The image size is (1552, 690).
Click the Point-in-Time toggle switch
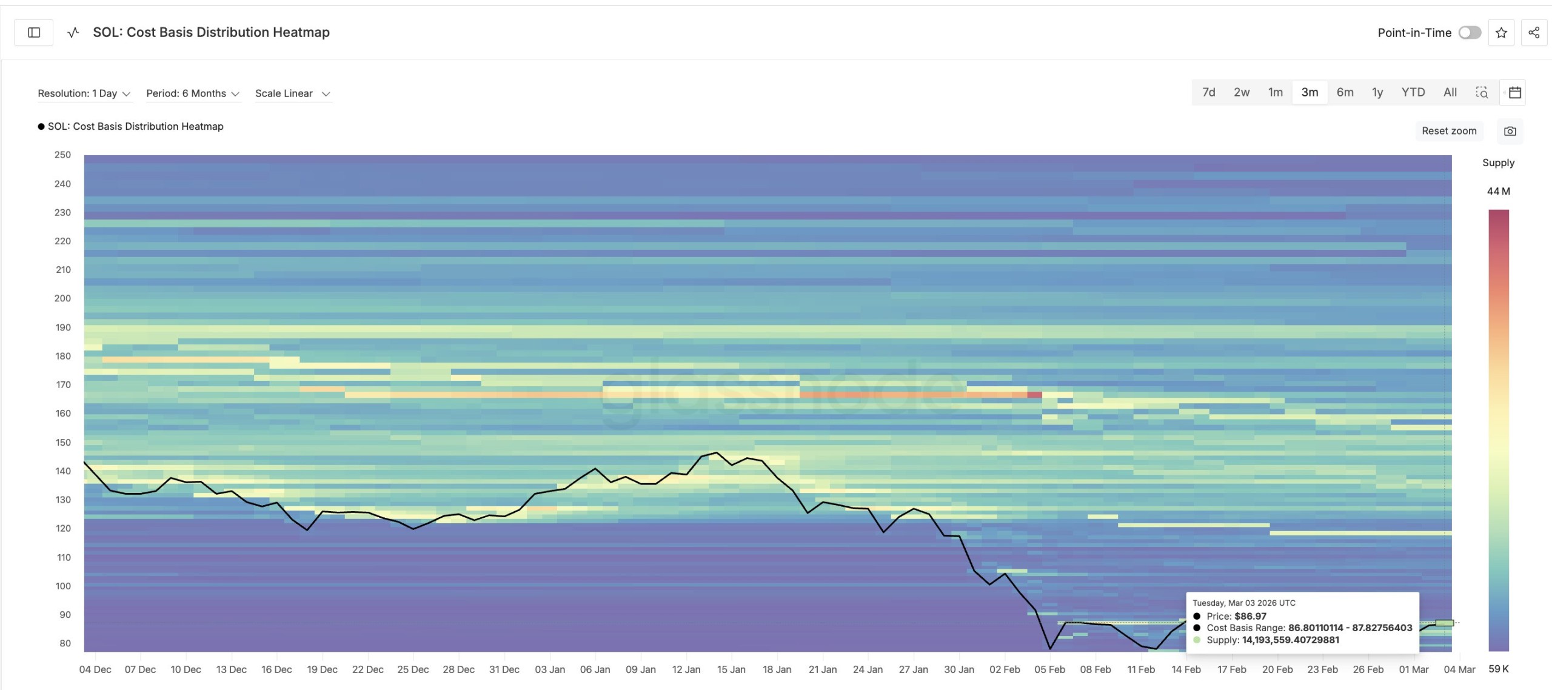coord(1469,33)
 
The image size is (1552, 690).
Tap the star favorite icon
coord(1501,33)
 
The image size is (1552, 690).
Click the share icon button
coord(1534,33)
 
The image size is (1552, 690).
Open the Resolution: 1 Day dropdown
coord(84,93)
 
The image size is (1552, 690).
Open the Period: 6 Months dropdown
coord(193,93)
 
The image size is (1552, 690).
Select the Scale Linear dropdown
coord(292,93)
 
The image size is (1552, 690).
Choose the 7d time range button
coord(1208,92)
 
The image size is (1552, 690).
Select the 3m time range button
coord(1309,92)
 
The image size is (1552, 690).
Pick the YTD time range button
coord(1413,92)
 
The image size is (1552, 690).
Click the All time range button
coord(1450,92)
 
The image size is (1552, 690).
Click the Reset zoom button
coord(1449,131)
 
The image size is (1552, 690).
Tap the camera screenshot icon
coord(1510,131)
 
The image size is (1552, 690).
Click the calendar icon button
coord(1514,92)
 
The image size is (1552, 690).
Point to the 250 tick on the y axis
coord(62,155)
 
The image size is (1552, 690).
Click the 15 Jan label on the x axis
coord(731,669)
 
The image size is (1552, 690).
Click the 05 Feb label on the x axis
coord(1049,669)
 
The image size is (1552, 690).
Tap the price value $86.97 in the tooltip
coord(1250,616)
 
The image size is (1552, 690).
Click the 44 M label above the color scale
coord(1498,191)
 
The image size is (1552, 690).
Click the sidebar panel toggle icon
coord(34,33)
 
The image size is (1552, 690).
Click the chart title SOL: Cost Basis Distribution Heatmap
coord(211,33)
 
